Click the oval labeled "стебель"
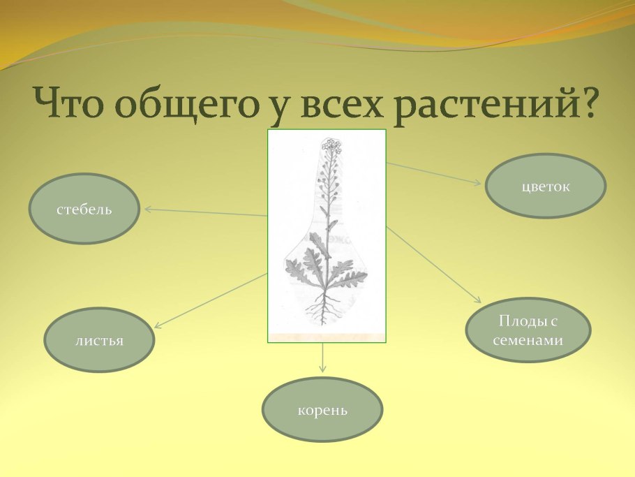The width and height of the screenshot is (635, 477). pyautogui.click(x=84, y=209)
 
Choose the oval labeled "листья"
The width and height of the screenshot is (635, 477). pyautogui.click(x=99, y=340)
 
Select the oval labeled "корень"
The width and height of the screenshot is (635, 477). pyautogui.click(x=322, y=410)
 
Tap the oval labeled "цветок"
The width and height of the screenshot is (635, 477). pyautogui.click(x=546, y=186)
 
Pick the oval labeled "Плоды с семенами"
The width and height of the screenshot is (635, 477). pyautogui.click(x=528, y=330)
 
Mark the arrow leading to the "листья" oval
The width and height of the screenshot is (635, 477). pyautogui.click(x=210, y=300)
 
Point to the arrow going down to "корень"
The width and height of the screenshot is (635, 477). pyautogui.click(x=322, y=358)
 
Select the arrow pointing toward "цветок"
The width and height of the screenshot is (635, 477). pyautogui.click(x=433, y=174)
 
